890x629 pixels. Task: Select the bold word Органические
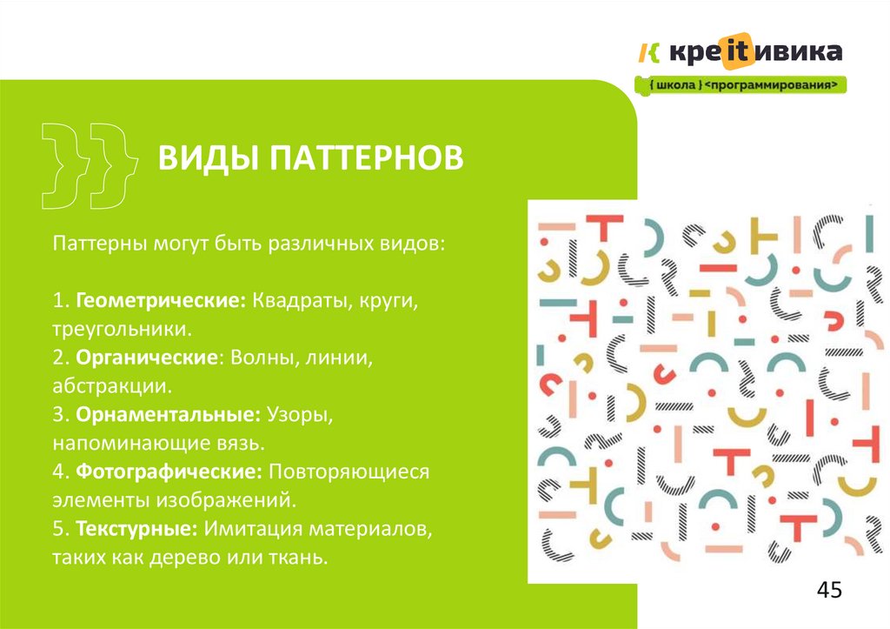click(146, 358)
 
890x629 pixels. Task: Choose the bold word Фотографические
click(169, 472)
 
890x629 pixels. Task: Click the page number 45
click(829, 591)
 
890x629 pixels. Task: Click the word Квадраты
click(301, 300)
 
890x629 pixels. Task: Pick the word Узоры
click(301, 414)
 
